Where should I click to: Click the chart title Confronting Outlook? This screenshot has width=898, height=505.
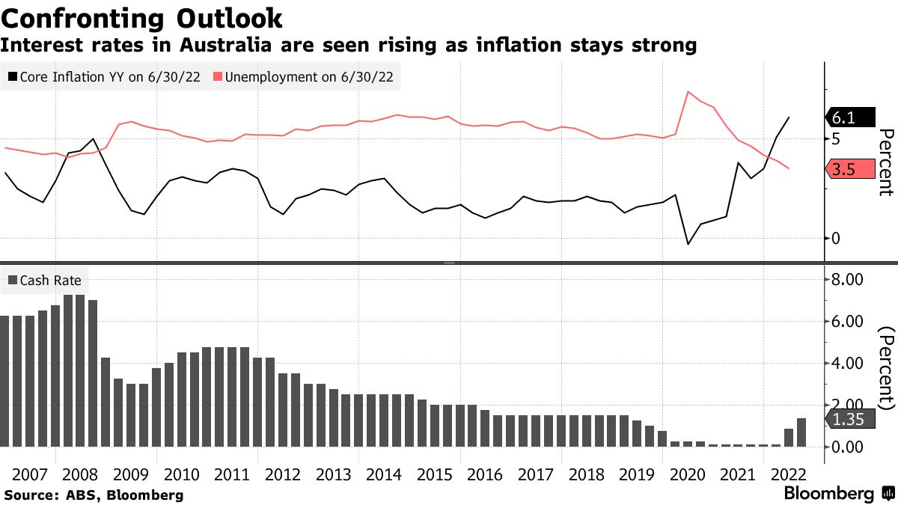(x=141, y=17)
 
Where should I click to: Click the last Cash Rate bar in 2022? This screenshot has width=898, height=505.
(x=801, y=432)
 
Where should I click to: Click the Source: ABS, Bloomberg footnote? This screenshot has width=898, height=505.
(x=94, y=495)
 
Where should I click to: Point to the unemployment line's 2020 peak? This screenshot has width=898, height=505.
(x=688, y=91)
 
